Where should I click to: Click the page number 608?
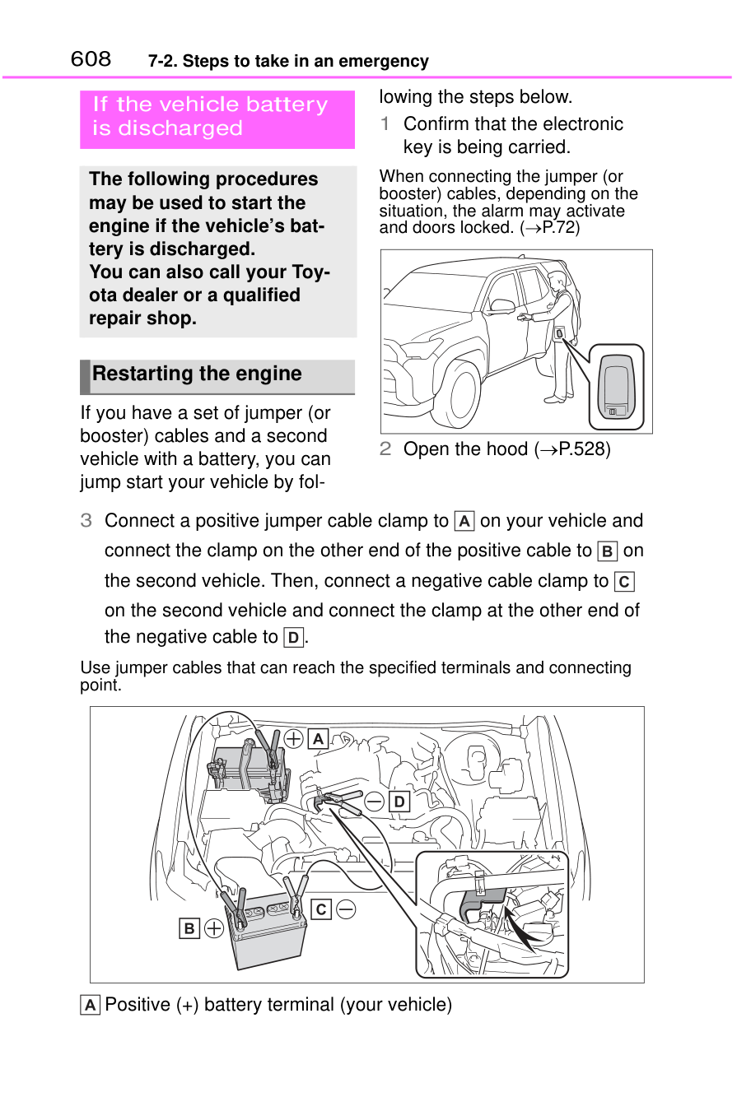pyautogui.click(x=91, y=59)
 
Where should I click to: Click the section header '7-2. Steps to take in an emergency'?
pyautogui.click(x=288, y=62)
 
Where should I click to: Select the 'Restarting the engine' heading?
pyautogui.click(x=198, y=374)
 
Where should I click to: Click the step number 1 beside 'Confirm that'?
pyautogui.click(x=385, y=124)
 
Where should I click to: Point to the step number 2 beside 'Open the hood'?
pyautogui.click(x=385, y=449)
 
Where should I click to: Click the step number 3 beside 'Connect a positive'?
pyautogui.click(x=86, y=521)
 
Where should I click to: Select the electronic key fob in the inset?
pyautogui.click(x=617, y=387)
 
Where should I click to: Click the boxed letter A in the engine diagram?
pyautogui.click(x=318, y=739)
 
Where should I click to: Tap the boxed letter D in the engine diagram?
pyautogui.click(x=399, y=802)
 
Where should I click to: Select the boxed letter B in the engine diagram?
pyautogui.click(x=189, y=928)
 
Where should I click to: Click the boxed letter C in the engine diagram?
pyautogui.click(x=321, y=909)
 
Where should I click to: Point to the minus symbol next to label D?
pyautogui.click(x=375, y=802)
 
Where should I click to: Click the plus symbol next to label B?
pyautogui.click(x=214, y=928)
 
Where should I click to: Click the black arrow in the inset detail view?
pyautogui.click(x=523, y=926)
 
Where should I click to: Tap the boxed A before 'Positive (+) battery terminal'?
pyautogui.click(x=90, y=1005)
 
